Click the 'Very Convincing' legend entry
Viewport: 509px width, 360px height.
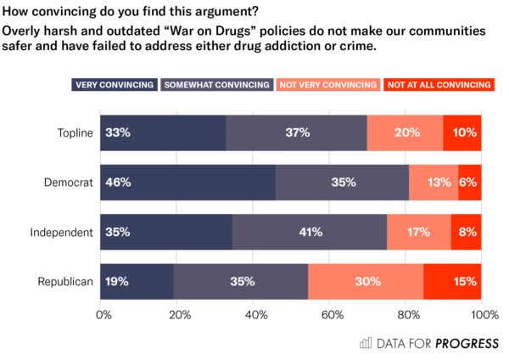pos(115,85)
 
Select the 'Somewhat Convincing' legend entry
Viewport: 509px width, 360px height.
pos(216,85)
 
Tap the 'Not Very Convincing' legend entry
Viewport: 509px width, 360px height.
pos(327,85)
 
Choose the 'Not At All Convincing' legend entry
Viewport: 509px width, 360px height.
pos(438,85)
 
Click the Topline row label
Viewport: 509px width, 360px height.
pos(74,132)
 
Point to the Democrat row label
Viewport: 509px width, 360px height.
pos(69,183)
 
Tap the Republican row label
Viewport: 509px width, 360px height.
pos(64,281)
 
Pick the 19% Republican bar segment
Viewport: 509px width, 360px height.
pos(137,281)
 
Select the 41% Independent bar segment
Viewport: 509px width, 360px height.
pos(310,232)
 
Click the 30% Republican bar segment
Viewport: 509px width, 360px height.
pos(366,281)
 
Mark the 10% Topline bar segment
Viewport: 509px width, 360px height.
pos(462,132)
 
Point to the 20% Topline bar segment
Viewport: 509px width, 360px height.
pos(405,132)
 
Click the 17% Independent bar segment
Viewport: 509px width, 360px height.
pos(419,232)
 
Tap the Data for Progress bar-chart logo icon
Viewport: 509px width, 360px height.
pos(366,343)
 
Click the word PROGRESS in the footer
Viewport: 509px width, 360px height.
pos(467,343)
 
